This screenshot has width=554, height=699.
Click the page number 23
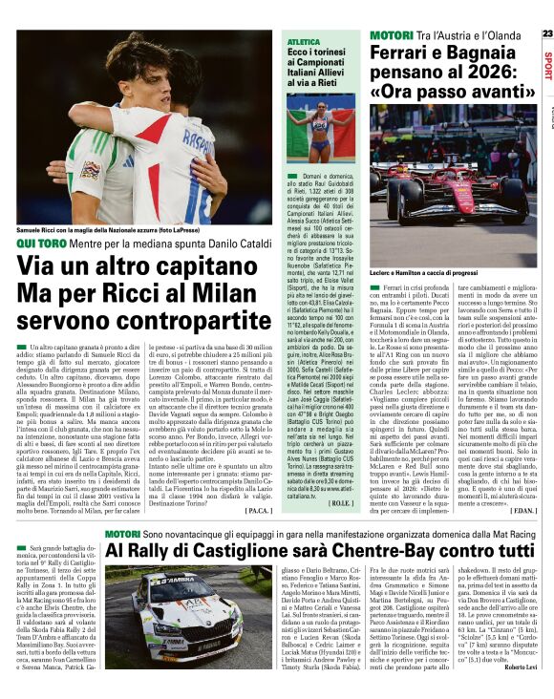click(546, 33)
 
